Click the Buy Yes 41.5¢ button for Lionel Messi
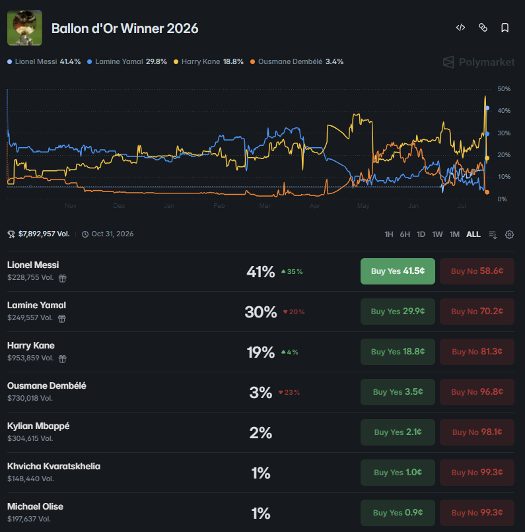point(398,271)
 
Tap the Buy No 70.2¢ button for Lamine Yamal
point(477,312)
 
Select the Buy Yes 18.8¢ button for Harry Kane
point(398,352)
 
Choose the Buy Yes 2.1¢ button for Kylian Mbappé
point(398,432)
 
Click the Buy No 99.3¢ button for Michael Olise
point(477,513)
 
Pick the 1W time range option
point(437,234)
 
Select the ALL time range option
point(473,234)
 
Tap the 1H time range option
point(389,234)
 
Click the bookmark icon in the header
point(505,28)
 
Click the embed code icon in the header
point(460,28)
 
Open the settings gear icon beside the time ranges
point(509,234)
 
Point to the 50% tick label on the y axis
point(504,89)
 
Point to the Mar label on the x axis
point(265,206)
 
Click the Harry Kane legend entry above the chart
point(209,62)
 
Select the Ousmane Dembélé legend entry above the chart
point(297,62)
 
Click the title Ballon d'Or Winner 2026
point(125,28)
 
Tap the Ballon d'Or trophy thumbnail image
point(25,28)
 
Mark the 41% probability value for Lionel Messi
point(260,272)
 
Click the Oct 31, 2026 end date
point(112,234)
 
